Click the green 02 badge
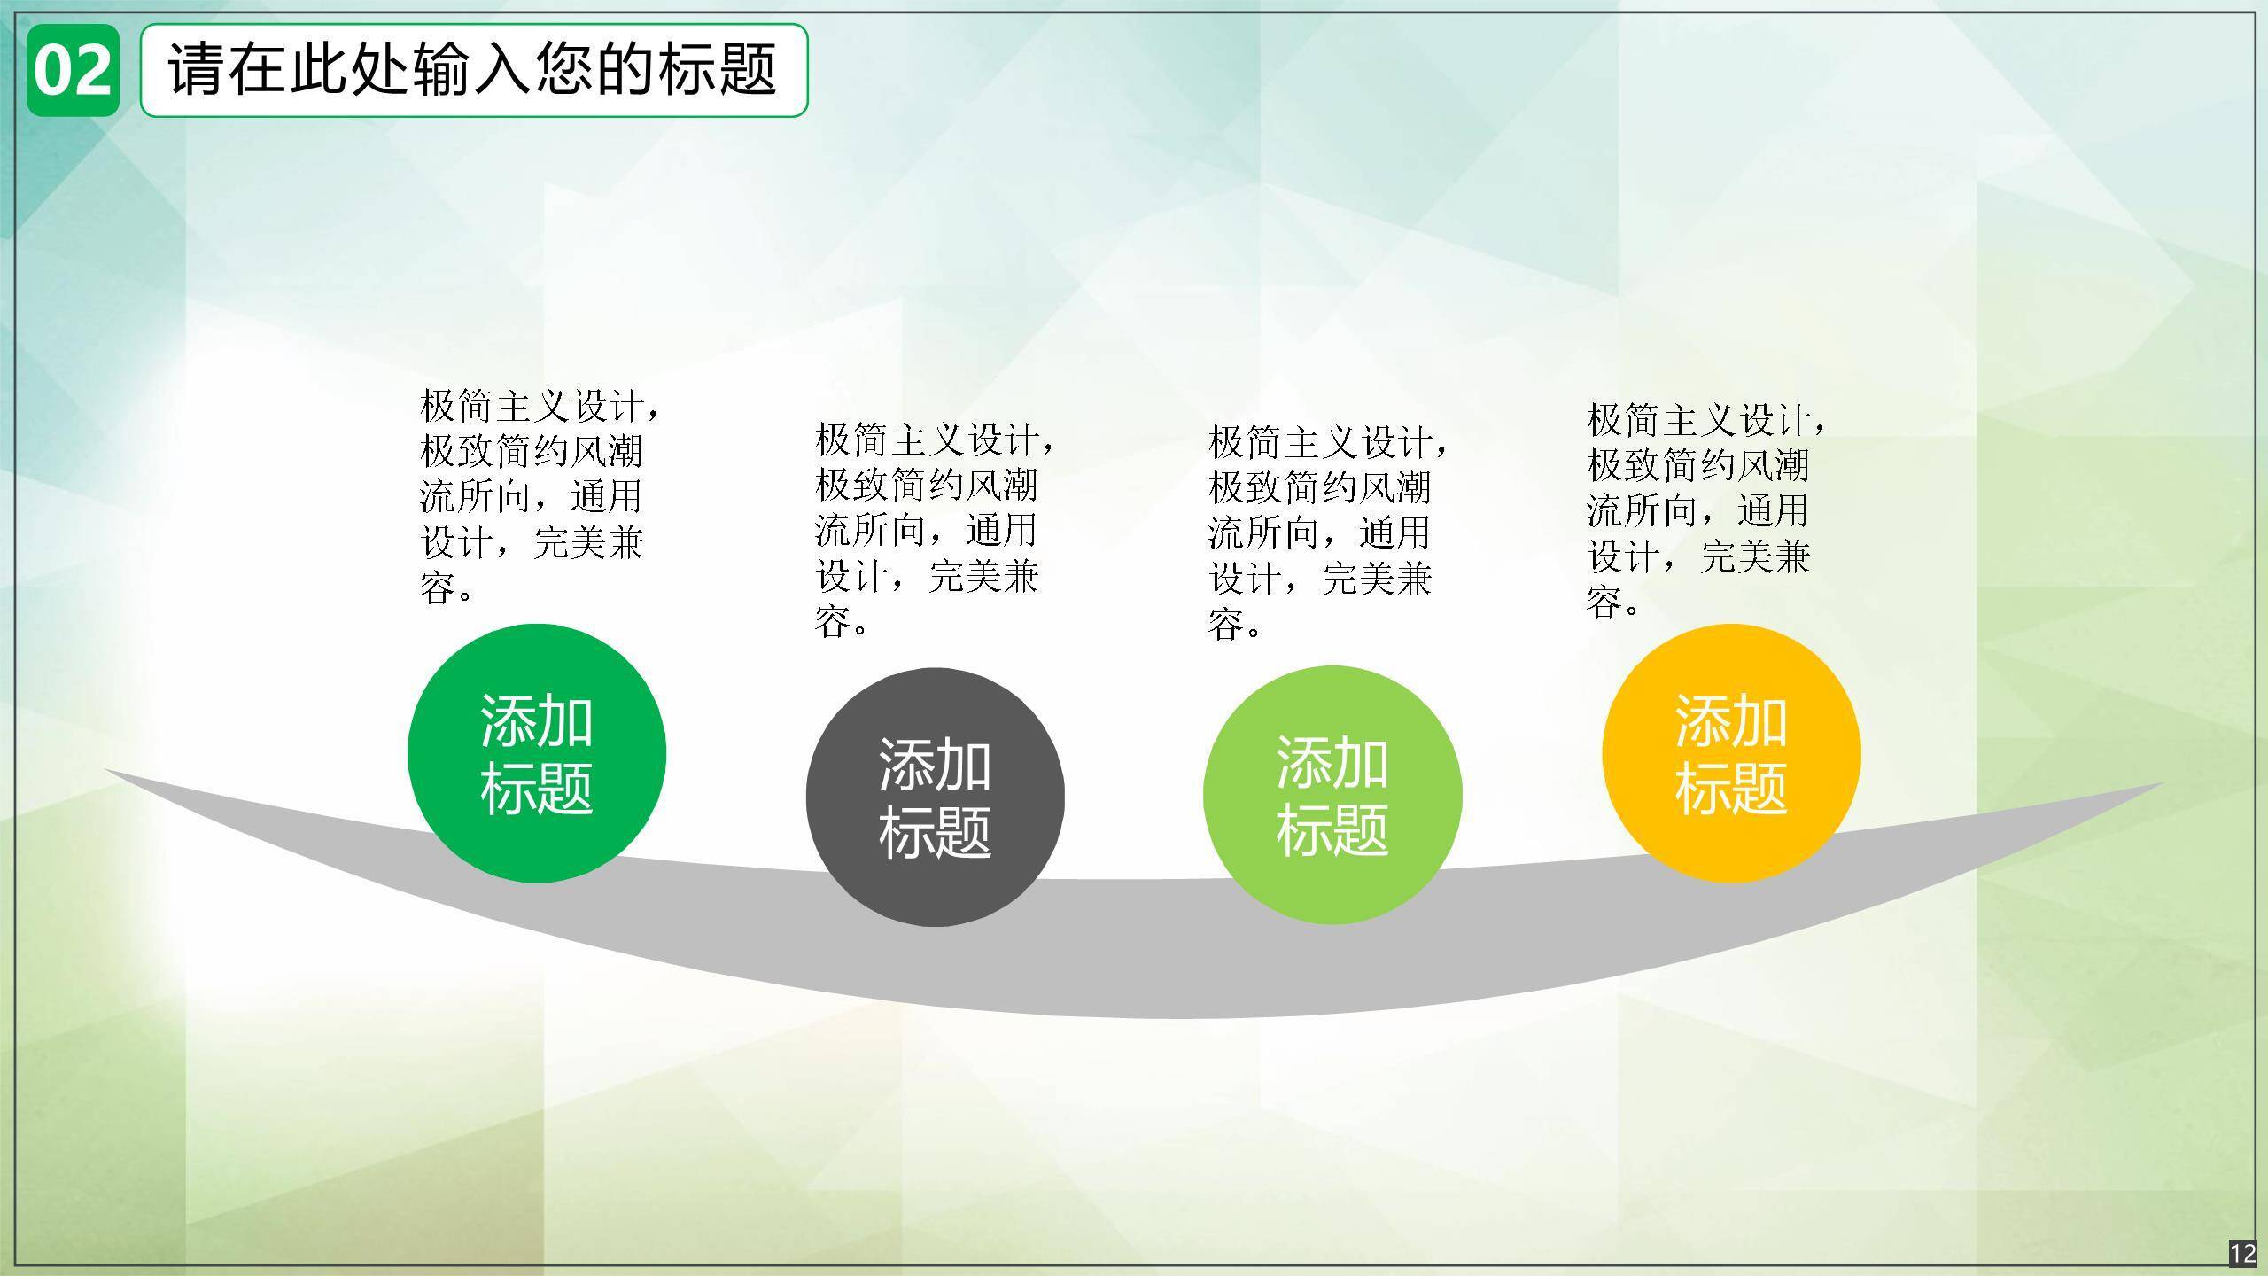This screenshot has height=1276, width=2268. (73, 71)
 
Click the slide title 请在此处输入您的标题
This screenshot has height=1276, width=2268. (473, 69)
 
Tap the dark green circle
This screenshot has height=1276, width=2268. (537, 753)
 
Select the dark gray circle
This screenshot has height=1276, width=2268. (935, 797)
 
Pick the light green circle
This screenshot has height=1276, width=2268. (1332, 795)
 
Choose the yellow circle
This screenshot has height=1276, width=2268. (1731, 753)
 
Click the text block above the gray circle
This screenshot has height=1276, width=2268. (936, 530)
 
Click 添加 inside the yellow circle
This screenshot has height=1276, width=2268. (1731, 720)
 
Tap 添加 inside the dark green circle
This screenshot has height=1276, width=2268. (537, 720)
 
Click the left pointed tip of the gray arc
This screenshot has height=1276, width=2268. (105, 770)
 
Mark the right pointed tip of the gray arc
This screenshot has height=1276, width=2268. (2164, 783)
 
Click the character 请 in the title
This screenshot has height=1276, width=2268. (198, 69)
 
